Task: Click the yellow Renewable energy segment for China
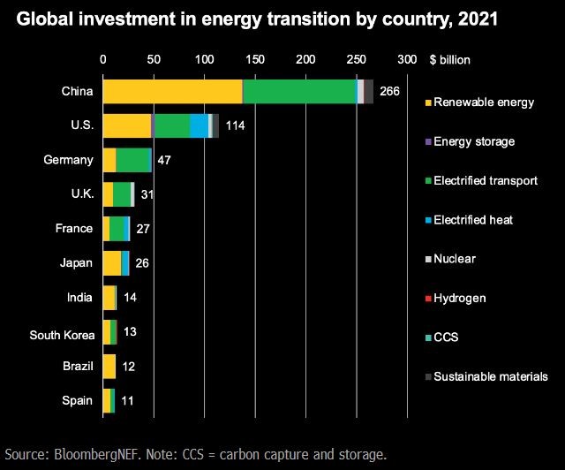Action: [172, 91]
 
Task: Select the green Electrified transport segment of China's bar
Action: [299, 91]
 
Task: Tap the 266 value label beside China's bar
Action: [389, 91]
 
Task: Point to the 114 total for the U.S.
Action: [235, 125]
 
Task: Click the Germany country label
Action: [67, 160]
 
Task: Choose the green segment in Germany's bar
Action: [133, 160]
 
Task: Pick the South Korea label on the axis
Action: [56, 335]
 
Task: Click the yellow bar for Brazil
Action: [109, 366]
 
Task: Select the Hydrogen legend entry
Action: [459, 299]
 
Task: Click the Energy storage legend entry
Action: [473, 141]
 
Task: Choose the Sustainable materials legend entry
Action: [491, 376]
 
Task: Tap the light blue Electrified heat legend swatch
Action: [428, 220]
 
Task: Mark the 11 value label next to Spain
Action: [127, 400]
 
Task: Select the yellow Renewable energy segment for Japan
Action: [112, 262]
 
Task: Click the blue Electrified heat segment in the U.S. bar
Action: [200, 125]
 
